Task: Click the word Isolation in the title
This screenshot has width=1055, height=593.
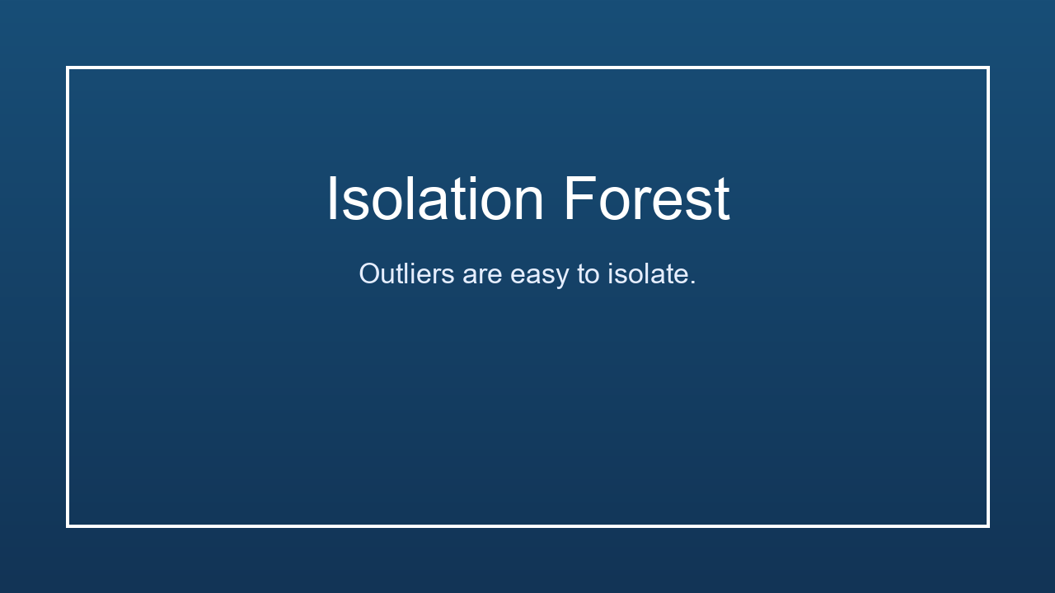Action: pos(435,199)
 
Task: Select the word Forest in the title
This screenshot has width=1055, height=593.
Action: pos(646,199)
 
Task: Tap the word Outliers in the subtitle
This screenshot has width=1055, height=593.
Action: pos(406,273)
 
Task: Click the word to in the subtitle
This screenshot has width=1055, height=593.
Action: pos(588,274)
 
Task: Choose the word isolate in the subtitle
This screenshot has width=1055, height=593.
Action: pos(648,273)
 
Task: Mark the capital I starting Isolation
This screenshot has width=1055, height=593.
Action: pos(332,199)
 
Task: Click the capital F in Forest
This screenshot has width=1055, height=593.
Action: pos(578,199)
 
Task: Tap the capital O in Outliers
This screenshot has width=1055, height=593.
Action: pos(368,273)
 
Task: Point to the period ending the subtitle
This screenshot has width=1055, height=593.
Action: pos(693,283)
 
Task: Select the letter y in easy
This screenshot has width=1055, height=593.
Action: pos(562,278)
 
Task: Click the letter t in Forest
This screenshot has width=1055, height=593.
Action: pos(722,201)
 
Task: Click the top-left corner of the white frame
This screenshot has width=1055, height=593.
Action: pos(68,68)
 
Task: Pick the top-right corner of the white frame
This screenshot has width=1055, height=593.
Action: pos(987,68)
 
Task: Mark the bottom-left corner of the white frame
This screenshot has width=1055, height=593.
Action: pos(68,525)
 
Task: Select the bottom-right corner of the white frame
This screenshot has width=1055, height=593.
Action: pos(987,525)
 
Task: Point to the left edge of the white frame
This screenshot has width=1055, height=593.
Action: pos(68,296)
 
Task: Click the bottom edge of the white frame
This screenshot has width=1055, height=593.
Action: pos(527,525)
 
